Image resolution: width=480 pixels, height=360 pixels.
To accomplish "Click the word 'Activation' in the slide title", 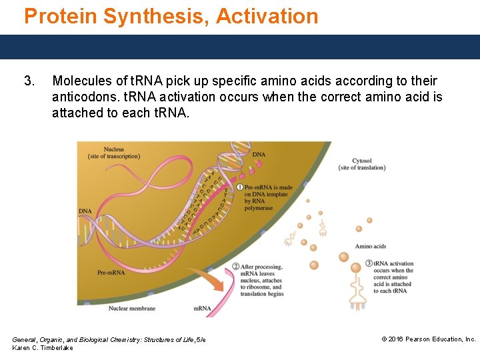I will click(x=268, y=16).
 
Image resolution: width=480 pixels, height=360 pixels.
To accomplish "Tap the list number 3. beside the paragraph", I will click(x=29, y=81).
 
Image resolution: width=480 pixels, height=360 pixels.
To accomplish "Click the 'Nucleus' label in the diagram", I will click(x=114, y=149).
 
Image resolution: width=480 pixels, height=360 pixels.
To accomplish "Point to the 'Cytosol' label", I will click(x=363, y=161).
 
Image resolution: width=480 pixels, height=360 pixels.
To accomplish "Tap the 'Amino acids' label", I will click(x=371, y=247).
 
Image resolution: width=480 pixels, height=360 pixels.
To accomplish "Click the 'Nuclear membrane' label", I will click(x=132, y=308).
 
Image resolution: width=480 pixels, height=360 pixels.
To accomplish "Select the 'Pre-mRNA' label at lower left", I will click(x=110, y=273).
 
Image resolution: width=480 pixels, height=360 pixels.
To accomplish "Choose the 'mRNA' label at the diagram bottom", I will click(x=202, y=308).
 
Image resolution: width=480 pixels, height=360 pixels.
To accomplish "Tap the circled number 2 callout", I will click(x=236, y=267).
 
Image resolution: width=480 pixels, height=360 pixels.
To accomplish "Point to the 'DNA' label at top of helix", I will click(x=259, y=155).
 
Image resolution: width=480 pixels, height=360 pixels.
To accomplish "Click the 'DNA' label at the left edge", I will click(x=85, y=211).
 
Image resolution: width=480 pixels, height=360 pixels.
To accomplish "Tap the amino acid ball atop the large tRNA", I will click(x=343, y=257).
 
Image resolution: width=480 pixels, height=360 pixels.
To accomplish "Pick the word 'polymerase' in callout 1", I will click(x=260, y=208).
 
